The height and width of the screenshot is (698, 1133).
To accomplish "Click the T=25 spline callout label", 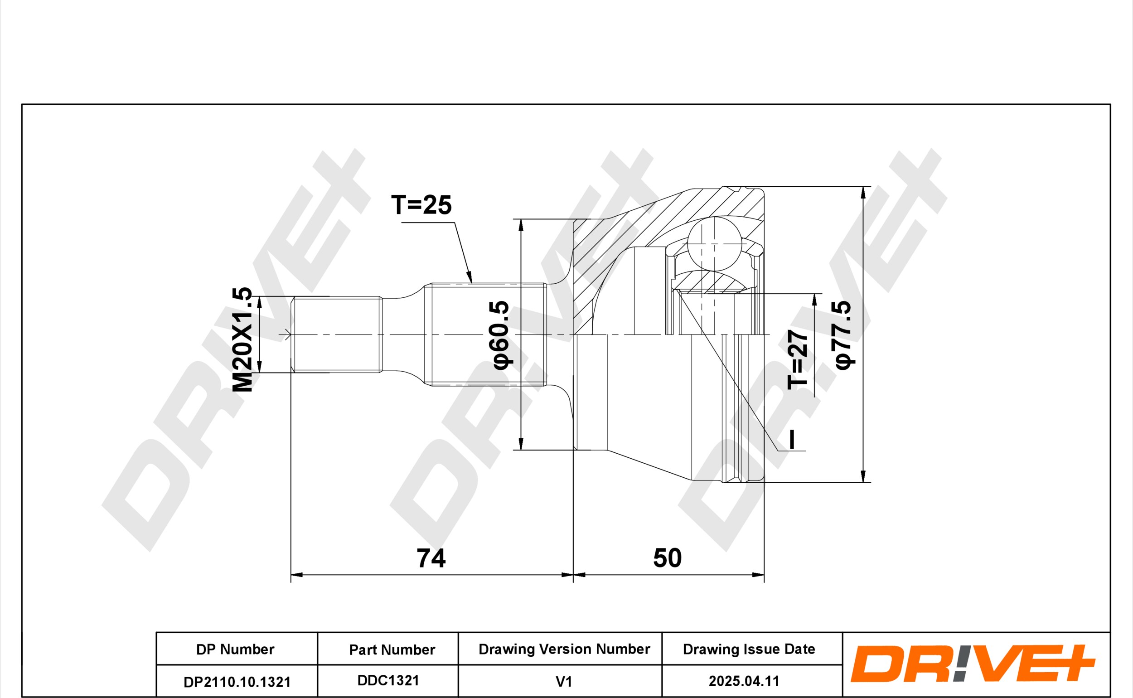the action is tap(421, 204).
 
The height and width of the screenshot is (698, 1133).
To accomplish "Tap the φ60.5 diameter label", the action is tap(500, 334).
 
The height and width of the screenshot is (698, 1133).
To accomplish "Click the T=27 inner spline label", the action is tap(798, 359).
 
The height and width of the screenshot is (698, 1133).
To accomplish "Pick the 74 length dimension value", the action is tap(431, 558).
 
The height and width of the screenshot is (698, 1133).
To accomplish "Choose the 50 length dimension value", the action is tap(668, 557).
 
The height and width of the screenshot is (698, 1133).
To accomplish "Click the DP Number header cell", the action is tap(235, 649).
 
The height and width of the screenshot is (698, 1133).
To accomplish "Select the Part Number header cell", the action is tap(392, 650).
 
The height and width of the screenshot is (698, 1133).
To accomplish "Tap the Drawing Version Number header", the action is tap(564, 649).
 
